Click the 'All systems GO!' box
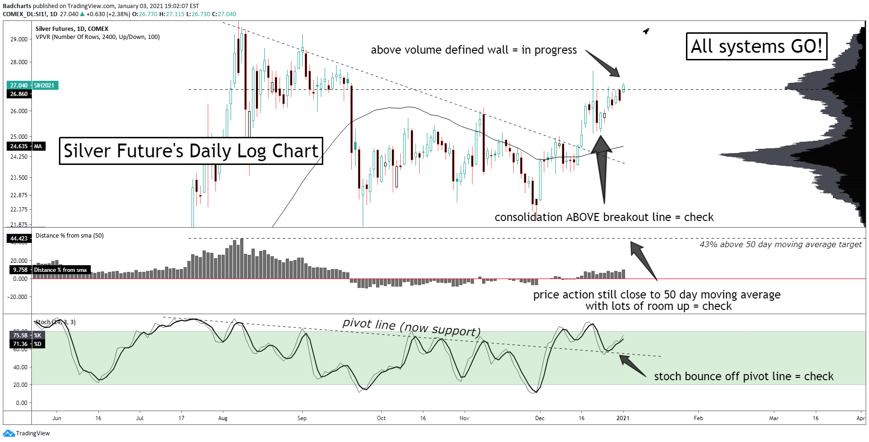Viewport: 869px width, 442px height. click(x=756, y=47)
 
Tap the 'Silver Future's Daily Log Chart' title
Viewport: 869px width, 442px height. click(x=191, y=151)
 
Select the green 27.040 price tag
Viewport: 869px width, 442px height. click(x=19, y=86)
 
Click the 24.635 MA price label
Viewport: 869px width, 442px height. click(x=19, y=146)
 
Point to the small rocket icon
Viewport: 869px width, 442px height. click(x=646, y=31)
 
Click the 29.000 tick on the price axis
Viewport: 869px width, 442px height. click(x=19, y=39)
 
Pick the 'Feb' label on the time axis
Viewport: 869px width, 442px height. click(x=698, y=418)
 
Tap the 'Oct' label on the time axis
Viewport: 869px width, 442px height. click(x=381, y=418)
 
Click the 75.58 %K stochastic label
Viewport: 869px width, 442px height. click(x=20, y=336)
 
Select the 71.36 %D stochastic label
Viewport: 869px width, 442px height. click(x=20, y=344)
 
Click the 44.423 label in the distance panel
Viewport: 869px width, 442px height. click(x=19, y=239)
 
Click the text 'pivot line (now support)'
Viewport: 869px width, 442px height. click(x=411, y=327)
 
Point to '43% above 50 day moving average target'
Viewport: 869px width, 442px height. click(x=780, y=244)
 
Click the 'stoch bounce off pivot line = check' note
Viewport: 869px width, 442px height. click(x=743, y=376)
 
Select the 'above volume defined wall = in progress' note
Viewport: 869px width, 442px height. click(x=473, y=50)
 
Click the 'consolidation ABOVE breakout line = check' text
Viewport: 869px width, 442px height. click(x=604, y=217)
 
